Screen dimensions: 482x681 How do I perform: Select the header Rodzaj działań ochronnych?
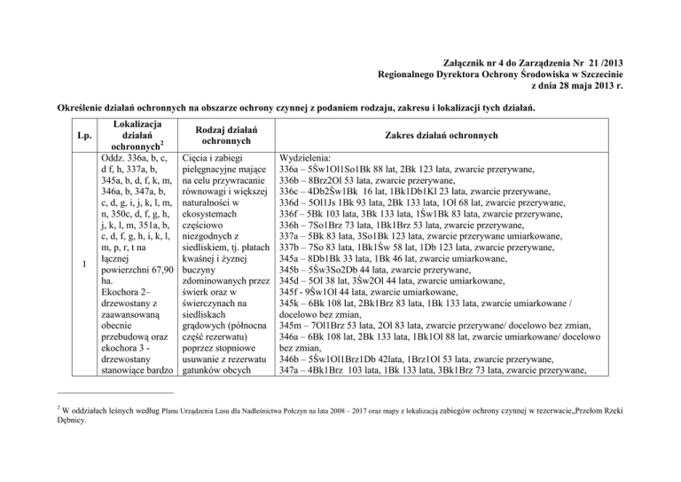pyautogui.click(x=230, y=136)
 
